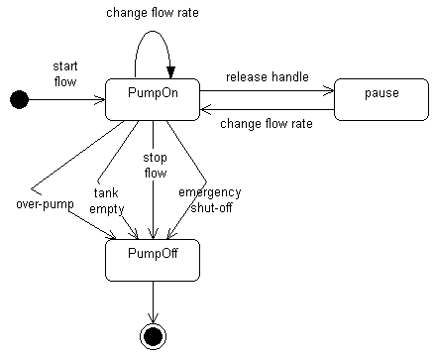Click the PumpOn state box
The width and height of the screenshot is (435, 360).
[x=154, y=98]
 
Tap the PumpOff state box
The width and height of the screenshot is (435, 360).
[x=153, y=259]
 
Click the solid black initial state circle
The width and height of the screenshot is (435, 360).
[x=18, y=98]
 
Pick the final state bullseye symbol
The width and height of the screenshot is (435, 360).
[x=153, y=335]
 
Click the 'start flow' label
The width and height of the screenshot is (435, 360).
[x=65, y=72]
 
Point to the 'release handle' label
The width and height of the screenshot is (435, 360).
[x=267, y=77]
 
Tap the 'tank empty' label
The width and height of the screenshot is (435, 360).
[x=106, y=201]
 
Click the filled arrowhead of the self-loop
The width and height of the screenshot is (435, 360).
[x=170, y=70]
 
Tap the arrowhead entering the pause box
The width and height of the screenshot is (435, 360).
[x=329, y=90]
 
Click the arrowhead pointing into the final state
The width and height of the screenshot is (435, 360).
[x=153, y=317]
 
